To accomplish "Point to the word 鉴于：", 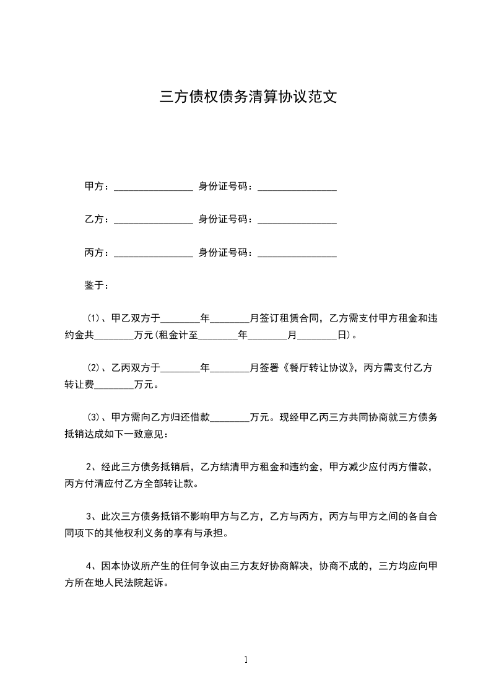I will point(97,286).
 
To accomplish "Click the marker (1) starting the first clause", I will point(93,320).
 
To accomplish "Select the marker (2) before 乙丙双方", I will point(93,369).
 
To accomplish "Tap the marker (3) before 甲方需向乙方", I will point(93,418).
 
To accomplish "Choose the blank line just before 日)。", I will point(317,336).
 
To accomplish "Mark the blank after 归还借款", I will point(230,418).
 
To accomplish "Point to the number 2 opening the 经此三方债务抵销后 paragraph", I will point(90,467).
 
